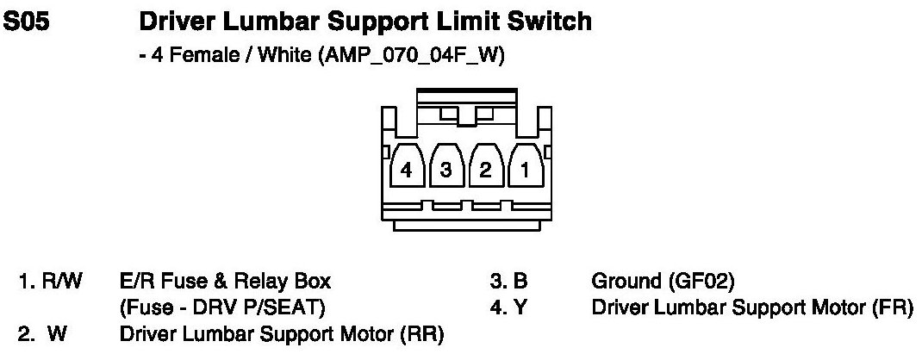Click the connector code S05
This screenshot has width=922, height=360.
(x=28, y=21)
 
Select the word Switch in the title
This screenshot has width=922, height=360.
(x=547, y=21)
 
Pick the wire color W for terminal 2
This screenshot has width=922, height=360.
(x=55, y=332)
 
